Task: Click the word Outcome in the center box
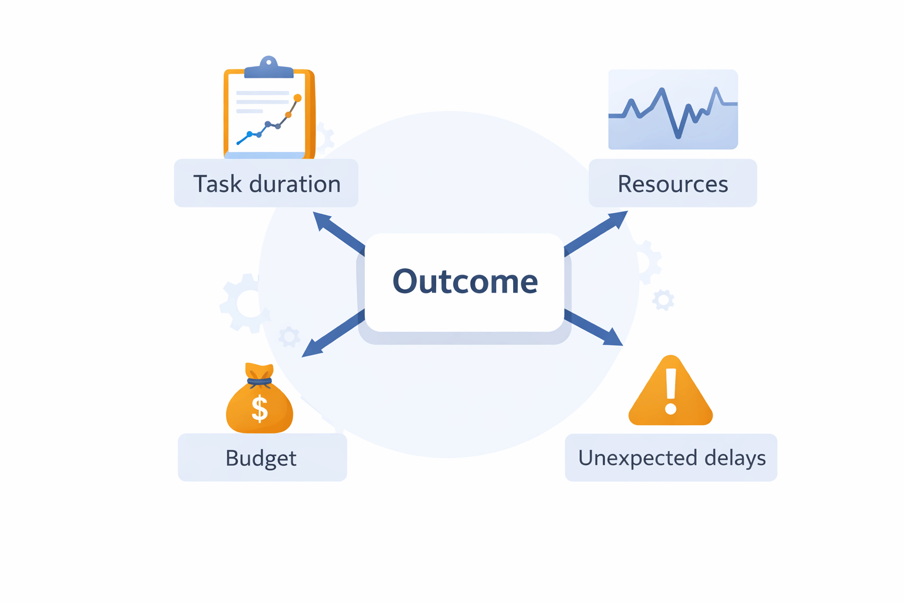(465, 281)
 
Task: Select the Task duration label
(267, 184)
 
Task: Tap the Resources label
(673, 184)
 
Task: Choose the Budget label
(261, 458)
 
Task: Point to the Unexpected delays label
(672, 458)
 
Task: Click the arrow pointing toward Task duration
(339, 233)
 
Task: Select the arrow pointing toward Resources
(596, 233)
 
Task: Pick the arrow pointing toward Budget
(333, 333)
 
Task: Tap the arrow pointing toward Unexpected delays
(593, 327)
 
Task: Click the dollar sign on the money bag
(260, 409)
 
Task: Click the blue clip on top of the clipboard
(269, 68)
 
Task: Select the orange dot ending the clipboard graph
(297, 98)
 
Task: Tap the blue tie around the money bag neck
(260, 381)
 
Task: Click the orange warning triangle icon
(671, 390)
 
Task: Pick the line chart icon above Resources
(673, 110)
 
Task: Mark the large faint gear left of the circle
(244, 303)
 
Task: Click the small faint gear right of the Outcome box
(663, 300)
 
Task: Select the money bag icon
(260, 398)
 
